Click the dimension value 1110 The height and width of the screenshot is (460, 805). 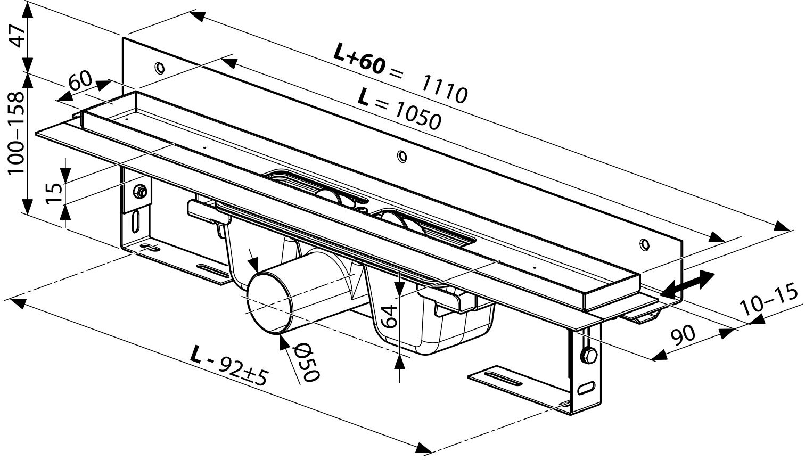point(445,88)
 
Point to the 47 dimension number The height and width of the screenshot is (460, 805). point(18,35)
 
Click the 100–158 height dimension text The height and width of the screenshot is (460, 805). point(17,133)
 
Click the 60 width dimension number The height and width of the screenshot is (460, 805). point(79,81)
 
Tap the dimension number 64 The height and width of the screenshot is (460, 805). point(390,316)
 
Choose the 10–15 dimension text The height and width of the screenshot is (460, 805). point(769,301)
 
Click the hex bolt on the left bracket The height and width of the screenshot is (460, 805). point(141,190)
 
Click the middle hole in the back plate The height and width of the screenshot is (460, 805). point(402,156)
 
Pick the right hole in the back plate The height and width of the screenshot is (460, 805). point(645,244)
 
